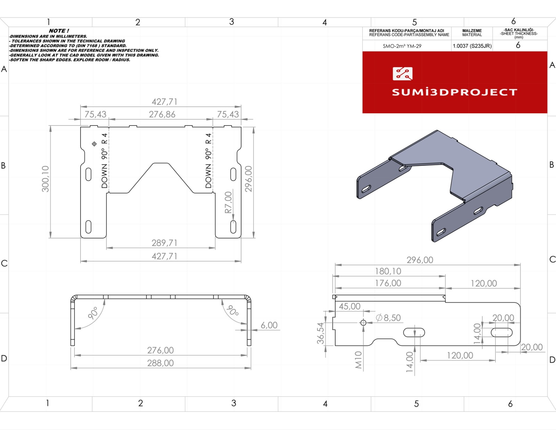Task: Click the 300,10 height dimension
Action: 46,179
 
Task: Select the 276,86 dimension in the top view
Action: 162,114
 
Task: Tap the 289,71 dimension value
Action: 164,243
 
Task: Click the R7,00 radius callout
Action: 228,202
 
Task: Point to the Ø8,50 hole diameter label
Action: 389,318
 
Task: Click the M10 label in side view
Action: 358,360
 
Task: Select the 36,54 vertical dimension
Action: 320,333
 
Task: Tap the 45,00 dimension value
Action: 350,306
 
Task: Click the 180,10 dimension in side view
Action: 388,271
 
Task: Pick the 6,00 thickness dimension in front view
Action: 269,325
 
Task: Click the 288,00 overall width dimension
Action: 160,363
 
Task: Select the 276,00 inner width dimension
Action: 160,350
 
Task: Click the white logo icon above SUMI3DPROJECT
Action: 402,74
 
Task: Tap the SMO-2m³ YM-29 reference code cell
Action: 402,46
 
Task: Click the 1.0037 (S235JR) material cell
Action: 472,46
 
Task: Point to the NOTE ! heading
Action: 59,31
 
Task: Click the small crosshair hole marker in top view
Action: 94,144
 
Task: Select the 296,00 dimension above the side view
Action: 420,260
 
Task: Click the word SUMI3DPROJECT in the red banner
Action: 455,92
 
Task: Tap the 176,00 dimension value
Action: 388,283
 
